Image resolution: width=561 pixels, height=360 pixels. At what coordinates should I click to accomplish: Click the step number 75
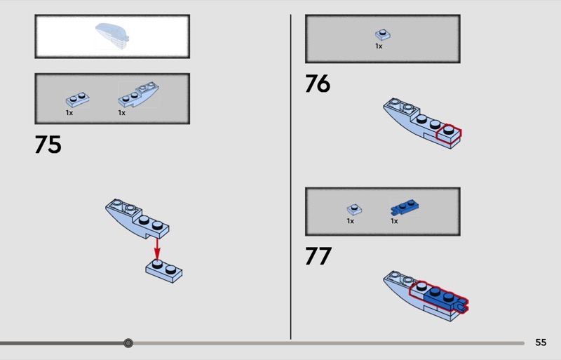pyautogui.click(x=48, y=145)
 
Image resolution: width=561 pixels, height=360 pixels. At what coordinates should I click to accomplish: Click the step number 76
pyautogui.click(x=318, y=84)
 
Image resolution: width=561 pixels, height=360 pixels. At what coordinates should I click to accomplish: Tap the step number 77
pyautogui.click(x=318, y=255)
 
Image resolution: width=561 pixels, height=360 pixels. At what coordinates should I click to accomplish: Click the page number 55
pyautogui.click(x=541, y=342)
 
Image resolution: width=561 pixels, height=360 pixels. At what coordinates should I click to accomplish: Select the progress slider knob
pyautogui.click(x=128, y=343)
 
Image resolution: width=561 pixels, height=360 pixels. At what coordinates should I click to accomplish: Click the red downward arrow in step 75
pyautogui.click(x=156, y=249)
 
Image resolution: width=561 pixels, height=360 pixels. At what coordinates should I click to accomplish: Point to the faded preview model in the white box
pyautogui.click(x=112, y=36)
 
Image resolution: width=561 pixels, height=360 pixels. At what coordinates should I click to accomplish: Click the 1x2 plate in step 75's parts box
pyautogui.click(x=78, y=100)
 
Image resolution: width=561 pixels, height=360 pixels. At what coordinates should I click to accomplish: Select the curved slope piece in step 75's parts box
pyautogui.click(x=138, y=94)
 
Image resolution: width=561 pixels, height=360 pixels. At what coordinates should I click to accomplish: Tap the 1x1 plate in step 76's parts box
pyautogui.click(x=383, y=35)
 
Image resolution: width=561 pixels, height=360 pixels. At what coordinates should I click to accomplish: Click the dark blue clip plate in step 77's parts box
pyautogui.click(x=405, y=207)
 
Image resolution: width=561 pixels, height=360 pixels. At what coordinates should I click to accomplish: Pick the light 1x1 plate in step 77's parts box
pyautogui.click(x=354, y=209)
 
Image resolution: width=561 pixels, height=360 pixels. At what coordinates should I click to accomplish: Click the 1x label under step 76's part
pyautogui.click(x=379, y=46)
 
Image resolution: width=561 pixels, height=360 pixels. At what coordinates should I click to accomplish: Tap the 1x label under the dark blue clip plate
pyautogui.click(x=394, y=221)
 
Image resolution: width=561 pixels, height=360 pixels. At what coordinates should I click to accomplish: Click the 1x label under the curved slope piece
pyautogui.click(x=121, y=113)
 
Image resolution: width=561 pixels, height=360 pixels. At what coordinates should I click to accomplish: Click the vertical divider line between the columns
pyautogui.click(x=290, y=177)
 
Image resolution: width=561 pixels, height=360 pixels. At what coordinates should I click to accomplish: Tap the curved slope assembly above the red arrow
pyautogui.click(x=137, y=219)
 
